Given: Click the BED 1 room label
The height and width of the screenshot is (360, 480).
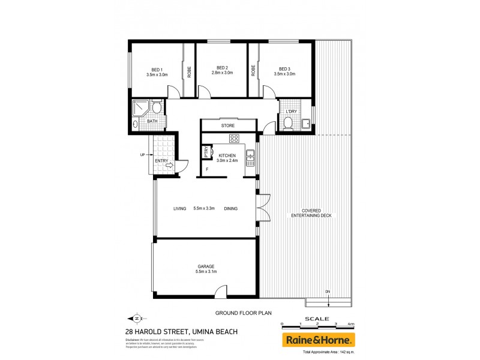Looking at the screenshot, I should coord(157,67).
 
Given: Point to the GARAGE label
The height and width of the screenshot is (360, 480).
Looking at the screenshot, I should coord(206,266).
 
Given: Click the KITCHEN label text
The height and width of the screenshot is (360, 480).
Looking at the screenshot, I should coord(227,155).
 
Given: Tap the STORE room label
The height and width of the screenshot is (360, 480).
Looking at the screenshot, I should coord(227,126).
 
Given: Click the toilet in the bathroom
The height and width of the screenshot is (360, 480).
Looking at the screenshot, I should coord(156,108).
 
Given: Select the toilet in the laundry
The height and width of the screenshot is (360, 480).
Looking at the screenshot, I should coord(287,124).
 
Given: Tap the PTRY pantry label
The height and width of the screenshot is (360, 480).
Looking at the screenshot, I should coord(206,152).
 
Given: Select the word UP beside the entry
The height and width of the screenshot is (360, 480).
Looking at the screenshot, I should coord(142,155).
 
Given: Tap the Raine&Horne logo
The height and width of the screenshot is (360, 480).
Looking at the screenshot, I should coord(318,340).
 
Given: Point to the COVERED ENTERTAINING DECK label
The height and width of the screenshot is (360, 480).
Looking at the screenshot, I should coord(311,212).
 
